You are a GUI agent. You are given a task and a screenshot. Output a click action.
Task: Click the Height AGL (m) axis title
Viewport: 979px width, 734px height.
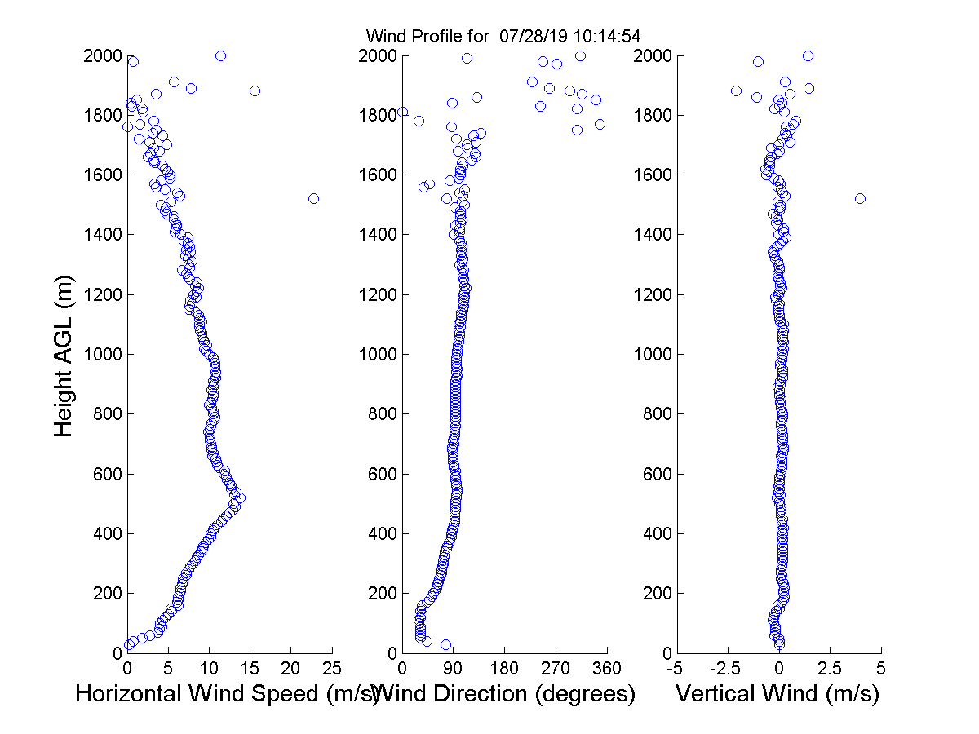(64, 355)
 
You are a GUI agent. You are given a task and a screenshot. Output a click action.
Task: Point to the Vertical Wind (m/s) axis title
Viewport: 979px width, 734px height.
(777, 694)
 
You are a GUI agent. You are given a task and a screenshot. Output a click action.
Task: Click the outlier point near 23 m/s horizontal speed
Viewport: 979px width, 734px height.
(313, 198)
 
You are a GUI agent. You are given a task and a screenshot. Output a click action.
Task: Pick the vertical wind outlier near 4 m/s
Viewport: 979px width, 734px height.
(860, 198)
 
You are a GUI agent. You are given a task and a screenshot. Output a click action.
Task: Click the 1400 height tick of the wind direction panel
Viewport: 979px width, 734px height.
(379, 235)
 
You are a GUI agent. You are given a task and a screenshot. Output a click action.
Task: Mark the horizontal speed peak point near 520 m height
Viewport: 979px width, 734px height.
(239, 497)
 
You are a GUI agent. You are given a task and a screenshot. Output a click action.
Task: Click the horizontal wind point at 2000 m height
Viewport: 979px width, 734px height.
(220, 55)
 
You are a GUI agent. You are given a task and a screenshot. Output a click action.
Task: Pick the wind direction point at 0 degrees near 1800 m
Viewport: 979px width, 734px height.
(402, 112)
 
